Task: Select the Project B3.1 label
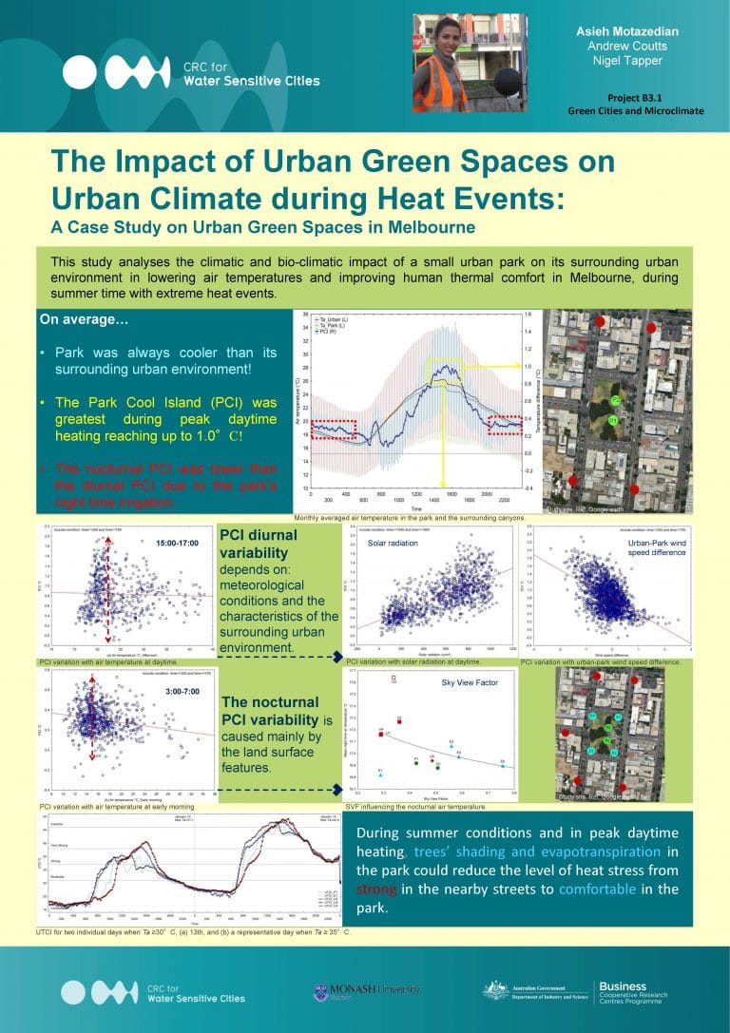636,98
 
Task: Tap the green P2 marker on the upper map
616,401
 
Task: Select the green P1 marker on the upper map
613,419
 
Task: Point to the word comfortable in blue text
600,890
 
